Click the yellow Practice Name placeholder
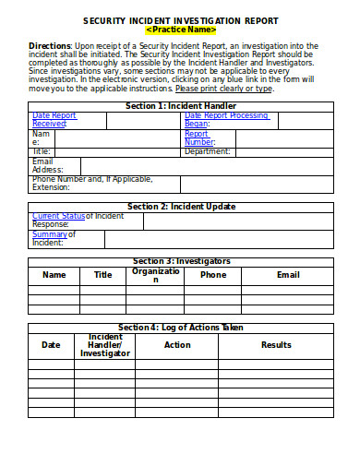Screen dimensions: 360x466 tap(181, 30)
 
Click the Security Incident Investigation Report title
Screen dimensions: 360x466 tap(181, 19)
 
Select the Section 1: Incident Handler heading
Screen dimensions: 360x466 tap(180, 106)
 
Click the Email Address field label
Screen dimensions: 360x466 tap(47, 165)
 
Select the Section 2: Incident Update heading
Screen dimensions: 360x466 tap(181, 206)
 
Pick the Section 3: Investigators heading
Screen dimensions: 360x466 tap(181, 261)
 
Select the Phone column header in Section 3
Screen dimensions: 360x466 tap(213, 275)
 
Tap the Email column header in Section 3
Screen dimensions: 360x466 tap(288, 275)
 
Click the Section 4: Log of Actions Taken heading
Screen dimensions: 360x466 tap(181, 328)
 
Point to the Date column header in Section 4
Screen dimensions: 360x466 tap(51, 345)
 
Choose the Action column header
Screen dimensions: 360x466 tap(177, 345)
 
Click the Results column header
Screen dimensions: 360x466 tap(276, 345)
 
